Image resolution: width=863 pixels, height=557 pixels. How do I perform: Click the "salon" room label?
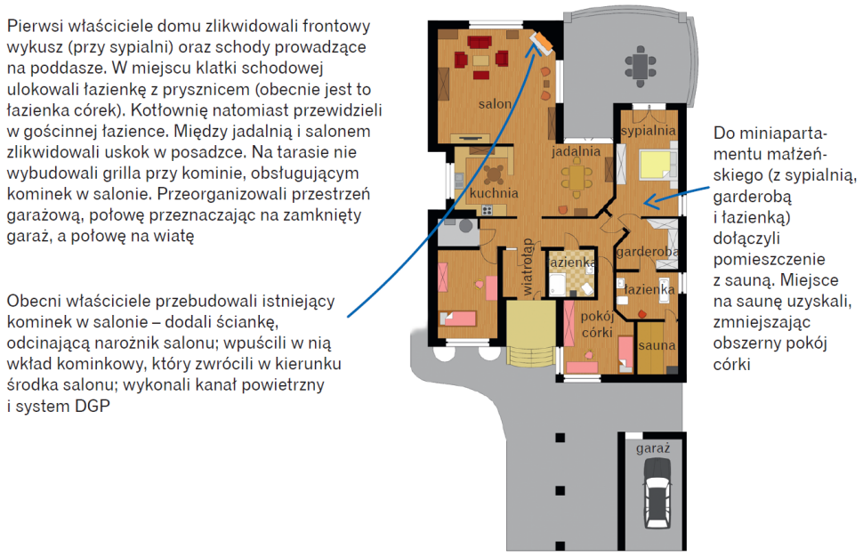click(495, 103)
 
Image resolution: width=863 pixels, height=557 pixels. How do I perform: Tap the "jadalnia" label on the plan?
click(577, 150)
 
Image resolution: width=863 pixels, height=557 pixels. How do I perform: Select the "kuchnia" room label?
click(494, 193)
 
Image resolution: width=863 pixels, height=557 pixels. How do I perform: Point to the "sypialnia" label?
click(649, 131)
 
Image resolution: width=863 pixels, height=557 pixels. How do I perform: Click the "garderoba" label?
click(648, 252)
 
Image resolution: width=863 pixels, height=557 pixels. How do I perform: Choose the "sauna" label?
click(657, 345)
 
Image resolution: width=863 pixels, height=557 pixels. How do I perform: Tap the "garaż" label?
click(653, 448)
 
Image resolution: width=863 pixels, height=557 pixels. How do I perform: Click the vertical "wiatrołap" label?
click(528, 266)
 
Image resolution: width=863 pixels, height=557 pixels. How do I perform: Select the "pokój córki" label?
click(597, 324)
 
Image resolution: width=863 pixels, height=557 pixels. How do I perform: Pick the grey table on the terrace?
click(640, 66)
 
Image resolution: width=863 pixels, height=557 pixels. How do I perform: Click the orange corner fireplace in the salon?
click(540, 43)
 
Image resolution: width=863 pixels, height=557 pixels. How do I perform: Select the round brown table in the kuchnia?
click(493, 174)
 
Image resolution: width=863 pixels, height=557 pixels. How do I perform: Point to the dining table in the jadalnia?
click(577, 178)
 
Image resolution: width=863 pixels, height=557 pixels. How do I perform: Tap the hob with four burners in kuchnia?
click(487, 210)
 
